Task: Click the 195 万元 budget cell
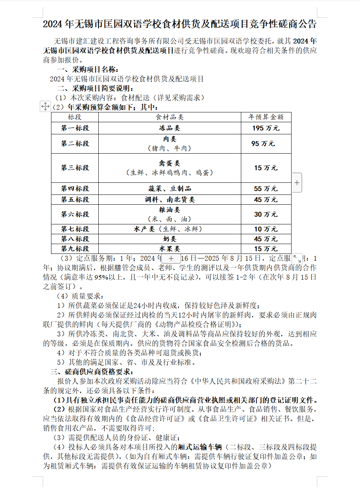tap(266, 128)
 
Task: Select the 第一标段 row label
tap(75, 128)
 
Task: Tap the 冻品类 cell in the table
tap(169, 128)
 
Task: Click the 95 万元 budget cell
tap(263, 144)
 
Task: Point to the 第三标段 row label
tap(75, 168)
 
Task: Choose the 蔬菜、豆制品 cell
tap(169, 188)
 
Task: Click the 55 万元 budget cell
tap(266, 188)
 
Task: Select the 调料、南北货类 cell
tap(169, 199)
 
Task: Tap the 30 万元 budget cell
tap(266, 214)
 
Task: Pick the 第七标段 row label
tap(75, 229)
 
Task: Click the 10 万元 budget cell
tap(266, 229)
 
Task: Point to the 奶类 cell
tap(169, 239)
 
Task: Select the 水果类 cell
tap(169, 249)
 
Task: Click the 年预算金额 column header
tap(266, 117)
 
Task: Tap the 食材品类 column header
tap(169, 117)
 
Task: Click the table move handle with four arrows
tap(45, 106)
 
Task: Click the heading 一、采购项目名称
tap(88, 70)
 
